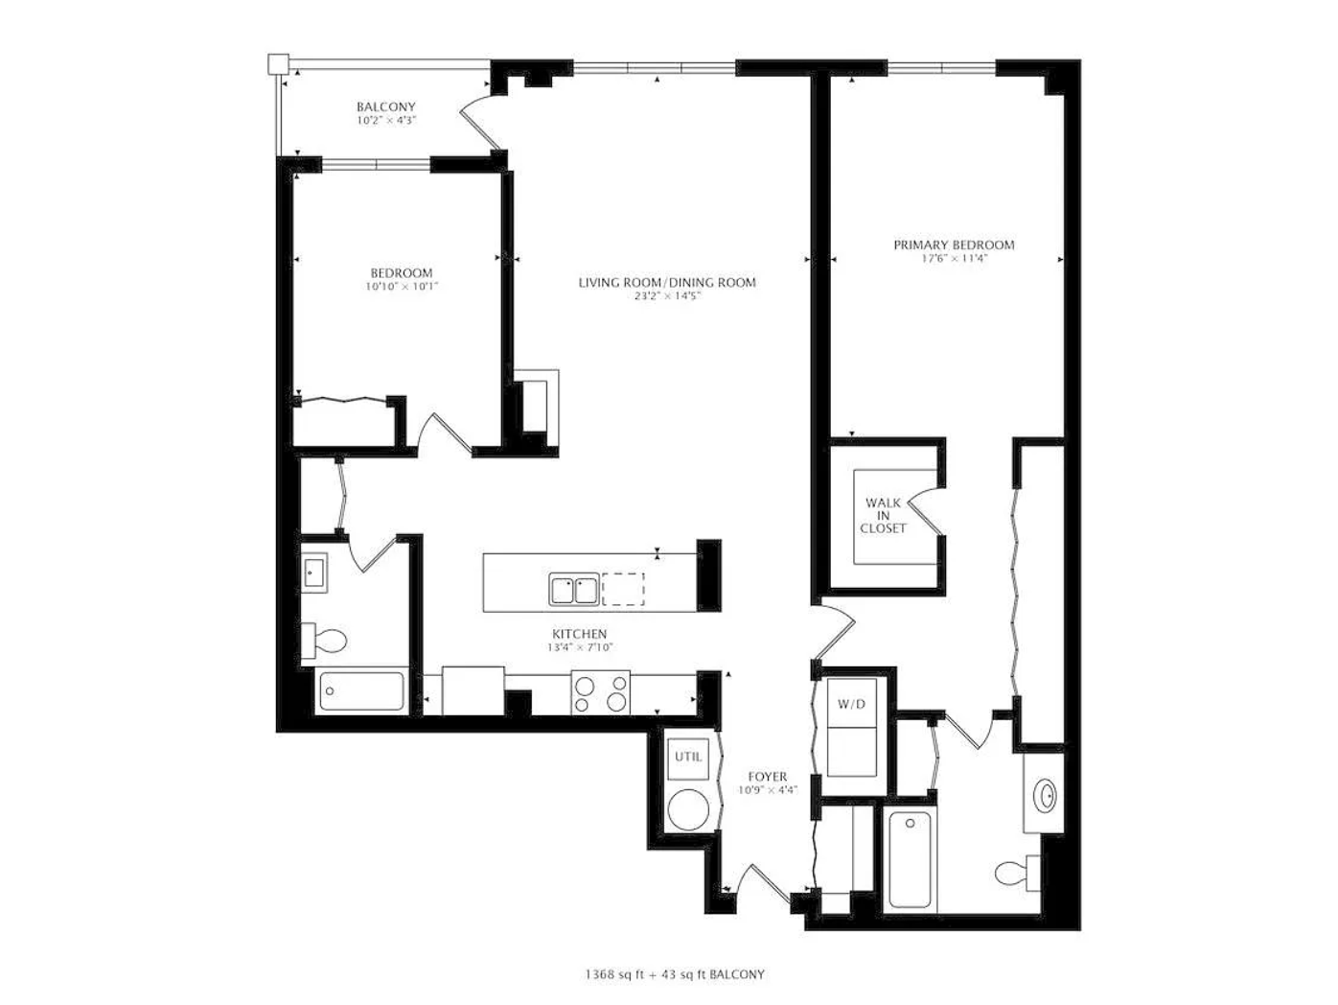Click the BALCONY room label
[386, 106]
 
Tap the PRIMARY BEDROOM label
[954, 245]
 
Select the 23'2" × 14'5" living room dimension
[667, 296]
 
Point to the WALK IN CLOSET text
[884, 516]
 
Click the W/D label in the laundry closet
[851, 704]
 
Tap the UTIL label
[688, 757]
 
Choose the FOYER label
[768, 777]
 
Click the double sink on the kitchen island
[573, 590]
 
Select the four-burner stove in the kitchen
[600, 692]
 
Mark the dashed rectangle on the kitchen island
[623, 589]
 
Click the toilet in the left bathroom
[324, 641]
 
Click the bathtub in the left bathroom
[361, 691]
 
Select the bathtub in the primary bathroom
[910, 860]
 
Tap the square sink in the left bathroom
[314, 573]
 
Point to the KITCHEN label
[580, 634]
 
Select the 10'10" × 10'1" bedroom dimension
[402, 287]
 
